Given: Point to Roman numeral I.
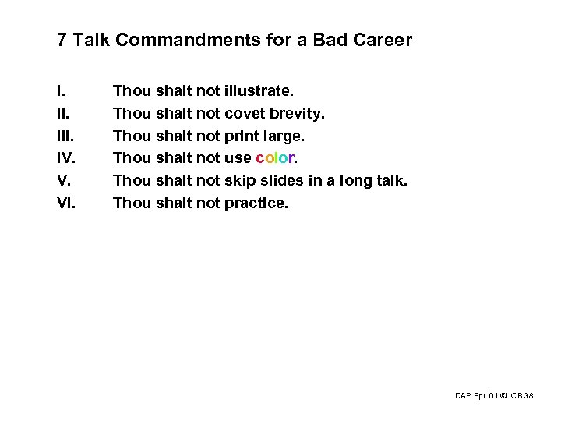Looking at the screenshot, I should coord(61,91).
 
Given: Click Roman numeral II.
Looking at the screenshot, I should coord(63,114).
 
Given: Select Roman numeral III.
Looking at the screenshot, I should coord(65,136).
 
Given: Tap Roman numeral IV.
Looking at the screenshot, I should coord(66,159).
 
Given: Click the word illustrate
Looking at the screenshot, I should coord(263,91).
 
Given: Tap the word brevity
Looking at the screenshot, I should coord(295,114).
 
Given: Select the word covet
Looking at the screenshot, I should coord(242,114).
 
